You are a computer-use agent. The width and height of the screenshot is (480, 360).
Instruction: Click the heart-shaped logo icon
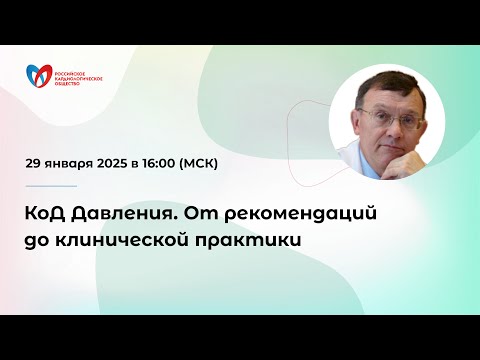[41, 76]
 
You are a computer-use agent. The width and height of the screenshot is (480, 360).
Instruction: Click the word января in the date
[69, 163]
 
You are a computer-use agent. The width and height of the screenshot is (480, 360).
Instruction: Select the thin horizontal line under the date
[51, 185]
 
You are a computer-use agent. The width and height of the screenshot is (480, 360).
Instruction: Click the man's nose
[388, 127]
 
